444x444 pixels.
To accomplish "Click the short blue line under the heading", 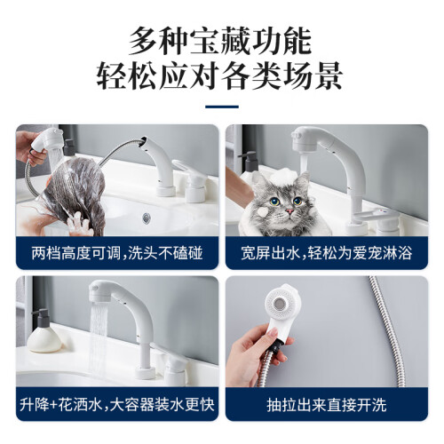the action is coord(222,107).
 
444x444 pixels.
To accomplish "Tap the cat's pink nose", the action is coord(289,211).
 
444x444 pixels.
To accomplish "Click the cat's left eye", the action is coord(297,202).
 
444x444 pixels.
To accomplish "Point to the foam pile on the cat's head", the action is coord(283,176).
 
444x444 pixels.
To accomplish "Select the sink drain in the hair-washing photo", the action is coord(147,218).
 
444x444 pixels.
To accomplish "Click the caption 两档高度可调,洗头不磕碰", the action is coord(117,253).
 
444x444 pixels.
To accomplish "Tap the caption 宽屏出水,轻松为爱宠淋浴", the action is coord(327,253).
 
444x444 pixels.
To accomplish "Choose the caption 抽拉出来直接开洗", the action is coord(327,405).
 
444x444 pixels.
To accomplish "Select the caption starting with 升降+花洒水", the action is coord(117,405).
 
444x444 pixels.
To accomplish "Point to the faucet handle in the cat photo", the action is coord(377,216).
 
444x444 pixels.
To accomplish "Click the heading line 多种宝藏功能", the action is coord(220,42).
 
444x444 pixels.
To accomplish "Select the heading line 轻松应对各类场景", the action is coord(220,76).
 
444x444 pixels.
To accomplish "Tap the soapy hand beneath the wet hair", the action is coord(77,224).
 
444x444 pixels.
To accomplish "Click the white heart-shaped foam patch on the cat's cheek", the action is coord(263,211).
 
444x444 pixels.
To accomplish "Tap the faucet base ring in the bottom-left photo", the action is coord(145,373).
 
